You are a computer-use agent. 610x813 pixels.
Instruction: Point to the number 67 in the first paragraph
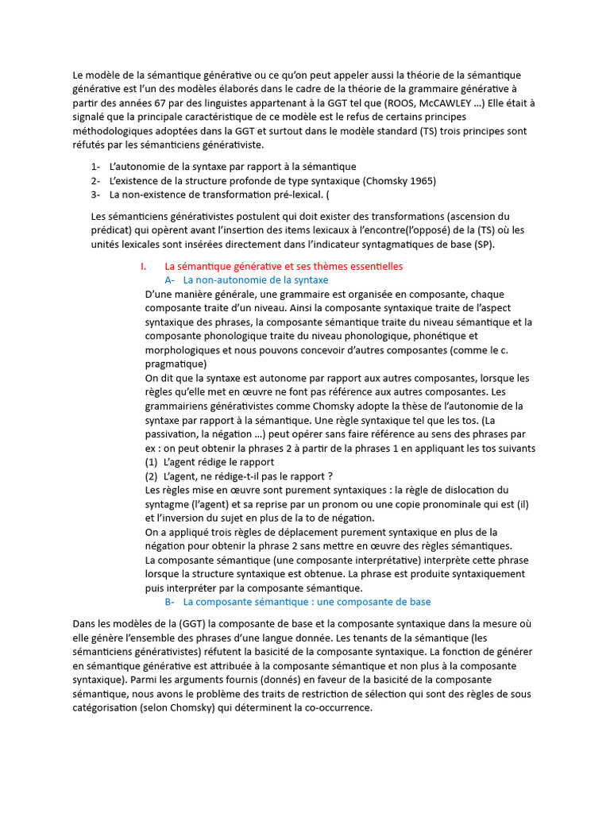point(159,103)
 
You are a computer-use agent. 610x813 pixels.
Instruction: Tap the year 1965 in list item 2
point(420,180)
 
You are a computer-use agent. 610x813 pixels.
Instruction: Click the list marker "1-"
point(96,167)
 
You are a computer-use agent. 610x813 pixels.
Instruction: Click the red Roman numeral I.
point(142,266)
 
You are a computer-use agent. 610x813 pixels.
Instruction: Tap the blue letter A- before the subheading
point(169,280)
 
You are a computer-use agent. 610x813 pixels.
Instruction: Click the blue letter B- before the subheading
point(169,602)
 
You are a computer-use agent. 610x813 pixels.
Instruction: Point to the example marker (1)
point(151,461)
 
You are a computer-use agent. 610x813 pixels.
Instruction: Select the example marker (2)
point(151,476)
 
